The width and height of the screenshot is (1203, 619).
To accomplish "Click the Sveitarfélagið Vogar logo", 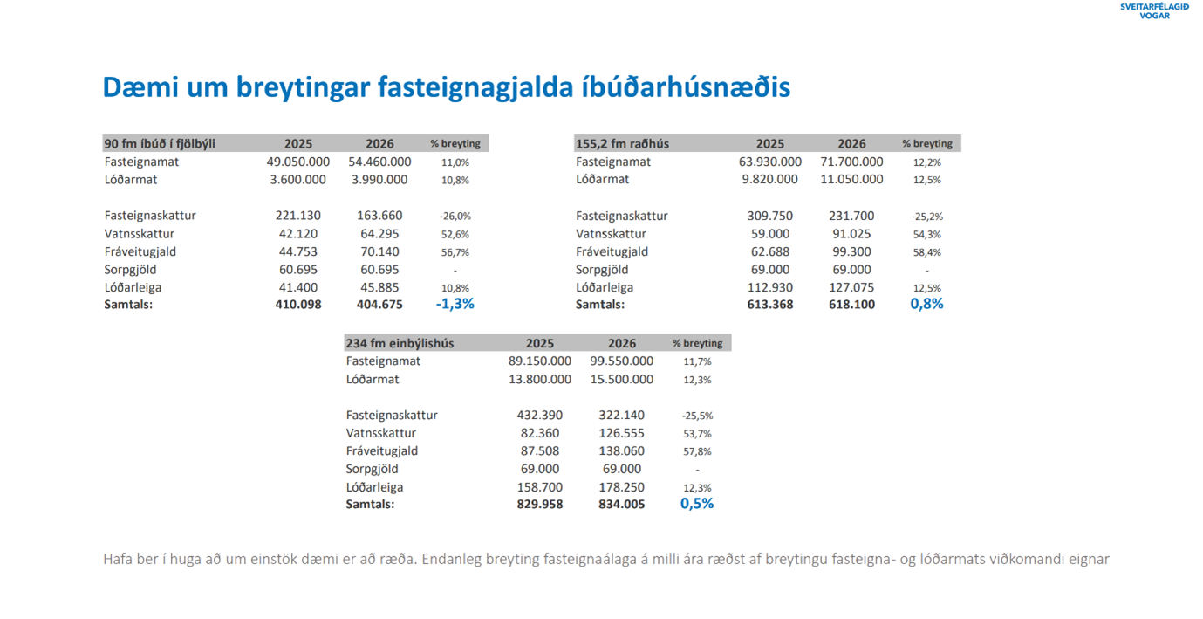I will coord(1153,10).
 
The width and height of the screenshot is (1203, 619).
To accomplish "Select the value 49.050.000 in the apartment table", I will coord(297,162).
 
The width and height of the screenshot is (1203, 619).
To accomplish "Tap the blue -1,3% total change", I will coord(455,304).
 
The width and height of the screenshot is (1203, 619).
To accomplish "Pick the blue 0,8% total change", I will coord(926,304).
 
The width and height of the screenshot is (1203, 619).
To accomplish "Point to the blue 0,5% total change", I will coord(697,504).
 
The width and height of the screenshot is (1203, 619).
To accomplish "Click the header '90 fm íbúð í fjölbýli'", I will coord(160,143).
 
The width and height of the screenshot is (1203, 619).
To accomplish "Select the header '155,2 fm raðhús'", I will coord(622,143).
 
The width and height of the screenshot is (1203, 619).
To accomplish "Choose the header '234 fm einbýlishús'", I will coord(400,343).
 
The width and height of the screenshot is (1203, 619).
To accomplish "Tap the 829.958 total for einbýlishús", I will coord(539,504).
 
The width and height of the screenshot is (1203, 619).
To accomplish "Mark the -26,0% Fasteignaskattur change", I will coord(455,216).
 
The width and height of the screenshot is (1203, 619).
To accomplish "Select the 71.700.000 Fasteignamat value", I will coord(851,162).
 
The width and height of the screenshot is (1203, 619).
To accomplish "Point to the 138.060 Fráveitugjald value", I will coord(621,451).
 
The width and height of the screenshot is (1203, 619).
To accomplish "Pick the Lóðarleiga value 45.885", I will coord(379,287).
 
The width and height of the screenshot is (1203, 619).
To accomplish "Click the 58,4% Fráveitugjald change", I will coord(926,252).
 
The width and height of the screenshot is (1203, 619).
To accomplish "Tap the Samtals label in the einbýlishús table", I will coord(370,504).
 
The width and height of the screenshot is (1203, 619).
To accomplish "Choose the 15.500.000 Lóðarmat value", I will coord(621,380).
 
